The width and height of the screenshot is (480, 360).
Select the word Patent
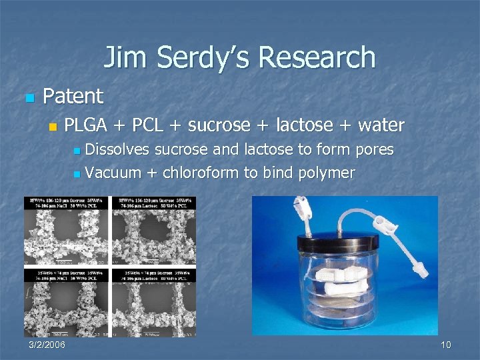point(73,97)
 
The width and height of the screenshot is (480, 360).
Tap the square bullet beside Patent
point(28,98)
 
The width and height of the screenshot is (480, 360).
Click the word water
point(381,125)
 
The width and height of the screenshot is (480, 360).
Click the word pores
point(375,149)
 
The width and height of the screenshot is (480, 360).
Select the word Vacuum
point(113,173)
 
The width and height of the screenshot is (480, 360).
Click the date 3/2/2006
point(47,345)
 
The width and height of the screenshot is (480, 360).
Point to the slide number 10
point(446,345)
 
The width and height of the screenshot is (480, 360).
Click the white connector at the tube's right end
point(419,268)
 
